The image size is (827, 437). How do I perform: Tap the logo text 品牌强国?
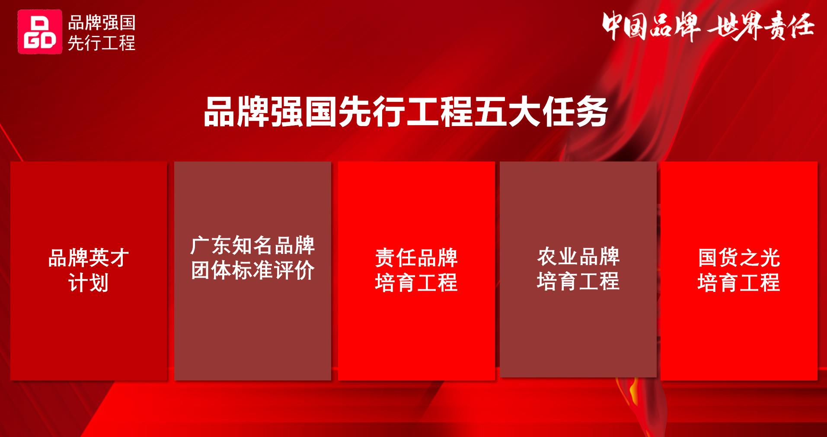[x=102, y=22]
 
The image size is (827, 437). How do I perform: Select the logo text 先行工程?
[x=102, y=43]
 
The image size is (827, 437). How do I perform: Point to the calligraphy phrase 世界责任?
[x=761, y=26]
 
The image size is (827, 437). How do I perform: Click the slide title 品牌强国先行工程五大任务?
[x=406, y=112]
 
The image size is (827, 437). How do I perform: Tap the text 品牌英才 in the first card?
[x=89, y=258]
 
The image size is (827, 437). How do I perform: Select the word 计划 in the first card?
[x=89, y=283]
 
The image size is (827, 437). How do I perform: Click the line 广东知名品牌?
[x=252, y=246]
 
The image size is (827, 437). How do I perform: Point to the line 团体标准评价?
[x=252, y=270]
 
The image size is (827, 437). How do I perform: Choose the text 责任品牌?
[x=416, y=258]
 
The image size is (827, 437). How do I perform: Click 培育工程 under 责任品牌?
[x=416, y=283]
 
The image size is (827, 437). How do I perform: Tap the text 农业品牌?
[x=578, y=256]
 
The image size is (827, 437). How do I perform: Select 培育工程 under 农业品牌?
[x=578, y=281]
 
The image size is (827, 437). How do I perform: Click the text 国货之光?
[x=739, y=258]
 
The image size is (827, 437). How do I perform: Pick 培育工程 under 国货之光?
[x=739, y=283]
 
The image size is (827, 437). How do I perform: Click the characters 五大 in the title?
[x=507, y=112]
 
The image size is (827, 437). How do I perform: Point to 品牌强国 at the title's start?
[x=271, y=112]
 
